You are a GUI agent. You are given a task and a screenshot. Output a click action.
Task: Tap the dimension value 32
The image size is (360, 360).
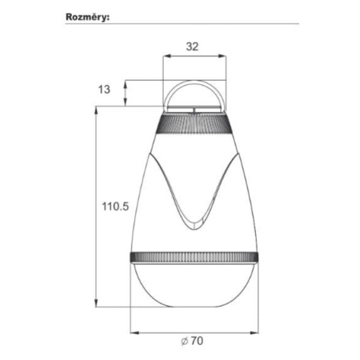[192, 47]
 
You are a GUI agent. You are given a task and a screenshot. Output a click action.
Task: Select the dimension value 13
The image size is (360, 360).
[104, 90]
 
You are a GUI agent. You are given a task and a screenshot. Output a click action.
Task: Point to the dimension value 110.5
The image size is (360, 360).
[116, 206]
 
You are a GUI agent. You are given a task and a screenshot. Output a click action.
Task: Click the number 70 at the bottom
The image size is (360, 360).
[197, 341]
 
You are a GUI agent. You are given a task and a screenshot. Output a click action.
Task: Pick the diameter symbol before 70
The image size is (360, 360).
[185, 341]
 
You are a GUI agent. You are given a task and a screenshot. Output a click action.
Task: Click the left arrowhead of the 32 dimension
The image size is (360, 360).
[167, 56]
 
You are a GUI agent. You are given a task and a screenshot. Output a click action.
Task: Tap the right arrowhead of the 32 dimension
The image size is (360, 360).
[223, 56]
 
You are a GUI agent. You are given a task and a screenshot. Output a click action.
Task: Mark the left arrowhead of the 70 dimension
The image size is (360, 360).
[134, 332]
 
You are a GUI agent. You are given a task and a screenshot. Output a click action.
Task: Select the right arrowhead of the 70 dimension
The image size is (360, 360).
[254, 332]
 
